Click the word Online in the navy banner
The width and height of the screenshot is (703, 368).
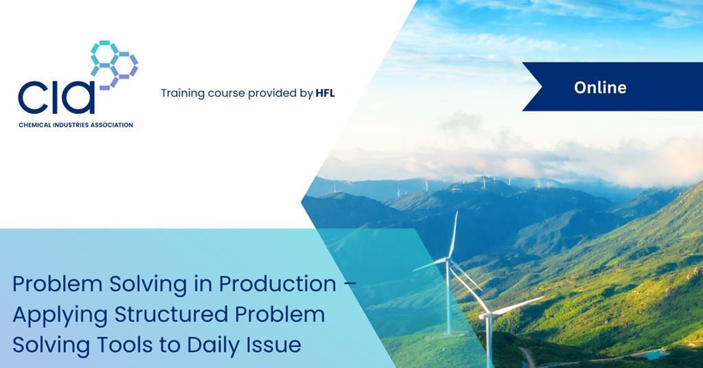point(600,87)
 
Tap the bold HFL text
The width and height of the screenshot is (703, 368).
point(325,93)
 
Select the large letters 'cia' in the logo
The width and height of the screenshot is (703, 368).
point(56,97)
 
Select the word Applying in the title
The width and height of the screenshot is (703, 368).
point(60,315)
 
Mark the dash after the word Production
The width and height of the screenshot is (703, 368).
point(349,284)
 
